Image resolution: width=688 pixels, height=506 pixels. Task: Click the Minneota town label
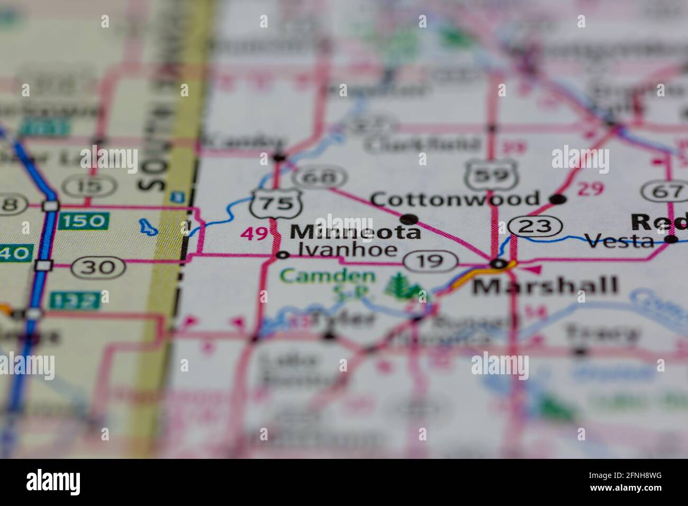click(356, 232)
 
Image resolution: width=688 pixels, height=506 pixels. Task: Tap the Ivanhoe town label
click(348, 250)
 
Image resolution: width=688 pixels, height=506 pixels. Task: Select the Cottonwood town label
click(454, 199)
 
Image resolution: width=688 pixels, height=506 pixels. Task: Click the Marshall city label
click(545, 286)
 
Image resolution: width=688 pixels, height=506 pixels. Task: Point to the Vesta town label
click(620, 242)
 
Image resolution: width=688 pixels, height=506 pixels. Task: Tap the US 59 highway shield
click(488, 174)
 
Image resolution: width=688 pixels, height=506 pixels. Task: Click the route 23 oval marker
click(536, 227)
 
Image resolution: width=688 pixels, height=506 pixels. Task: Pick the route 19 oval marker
click(430, 260)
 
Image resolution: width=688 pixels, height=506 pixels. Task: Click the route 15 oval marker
click(89, 186)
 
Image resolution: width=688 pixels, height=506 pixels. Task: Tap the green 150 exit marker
click(84, 221)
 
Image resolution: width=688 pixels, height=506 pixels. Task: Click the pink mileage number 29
click(590, 189)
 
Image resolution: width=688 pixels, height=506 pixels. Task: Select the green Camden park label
click(328, 276)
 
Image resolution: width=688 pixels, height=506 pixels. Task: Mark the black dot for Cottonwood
click(558, 199)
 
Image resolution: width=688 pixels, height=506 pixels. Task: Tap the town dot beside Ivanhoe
click(283, 255)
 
